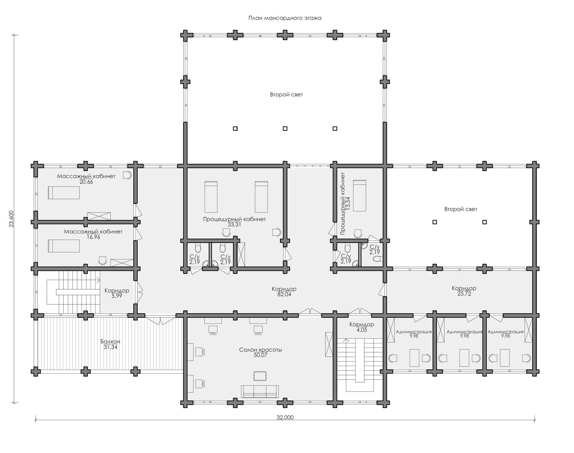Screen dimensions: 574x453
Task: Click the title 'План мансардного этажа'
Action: tap(285, 18)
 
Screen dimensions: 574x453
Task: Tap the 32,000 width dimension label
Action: tap(285, 418)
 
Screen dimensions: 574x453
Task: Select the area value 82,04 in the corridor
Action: tap(284, 294)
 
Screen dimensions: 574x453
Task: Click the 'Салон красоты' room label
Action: tap(260, 350)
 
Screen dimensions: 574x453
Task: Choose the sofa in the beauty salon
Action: tap(260, 391)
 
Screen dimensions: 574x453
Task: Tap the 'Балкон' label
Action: tap(110, 342)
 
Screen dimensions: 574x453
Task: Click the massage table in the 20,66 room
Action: tap(64, 193)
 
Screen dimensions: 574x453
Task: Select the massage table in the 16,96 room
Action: tap(64, 246)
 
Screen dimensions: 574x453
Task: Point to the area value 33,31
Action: tap(234, 225)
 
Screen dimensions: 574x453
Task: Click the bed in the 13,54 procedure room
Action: tap(360, 196)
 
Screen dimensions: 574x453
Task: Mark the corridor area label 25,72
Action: tap(464, 294)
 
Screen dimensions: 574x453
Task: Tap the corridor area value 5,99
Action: tap(117, 296)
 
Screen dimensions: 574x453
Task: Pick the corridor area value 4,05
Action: tap(362, 330)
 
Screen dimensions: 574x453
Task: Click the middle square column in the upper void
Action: tap(285, 128)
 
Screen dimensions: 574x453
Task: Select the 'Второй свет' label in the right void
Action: tap(461, 209)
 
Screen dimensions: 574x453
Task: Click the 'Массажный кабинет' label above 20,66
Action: tap(86, 176)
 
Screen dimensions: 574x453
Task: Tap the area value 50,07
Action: tap(260, 355)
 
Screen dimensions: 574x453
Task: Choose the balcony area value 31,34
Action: tap(110, 347)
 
